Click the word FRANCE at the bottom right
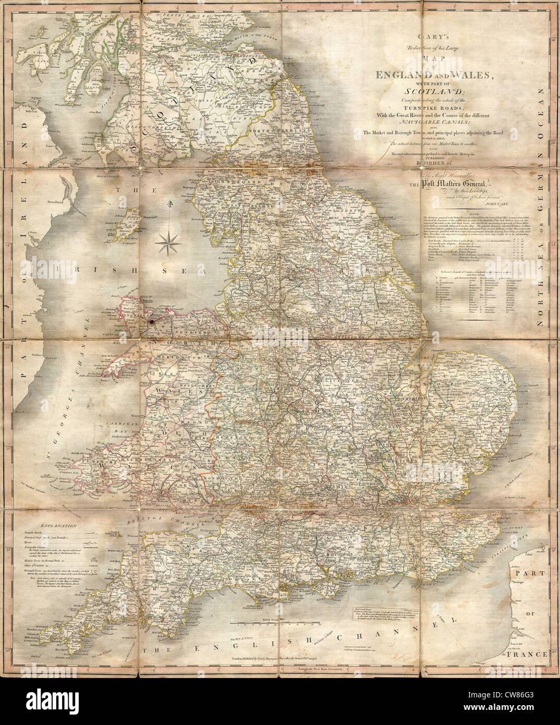[x=531, y=654]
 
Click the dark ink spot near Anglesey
[x=152, y=323]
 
